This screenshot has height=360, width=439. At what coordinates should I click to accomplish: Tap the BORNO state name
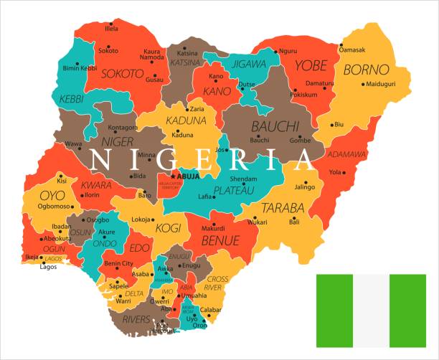point(366,70)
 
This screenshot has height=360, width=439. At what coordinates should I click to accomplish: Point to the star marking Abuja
point(172,176)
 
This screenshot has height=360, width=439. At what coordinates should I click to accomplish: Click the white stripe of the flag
point(371,310)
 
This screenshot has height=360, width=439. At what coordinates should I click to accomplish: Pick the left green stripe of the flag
point(335,310)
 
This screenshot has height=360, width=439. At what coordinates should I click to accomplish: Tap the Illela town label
point(111,29)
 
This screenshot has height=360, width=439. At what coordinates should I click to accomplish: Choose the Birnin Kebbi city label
point(80,68)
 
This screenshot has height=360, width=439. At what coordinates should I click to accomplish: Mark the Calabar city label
point(211,311)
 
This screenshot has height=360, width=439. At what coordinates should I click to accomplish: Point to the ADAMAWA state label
point(347,154)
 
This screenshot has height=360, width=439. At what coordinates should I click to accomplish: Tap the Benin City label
point(118,264)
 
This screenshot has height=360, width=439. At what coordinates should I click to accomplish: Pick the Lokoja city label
point(141,219)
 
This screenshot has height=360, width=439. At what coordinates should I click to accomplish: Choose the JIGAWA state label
point(247,64)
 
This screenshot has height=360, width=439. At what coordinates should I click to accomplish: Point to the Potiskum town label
point(303,95)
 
